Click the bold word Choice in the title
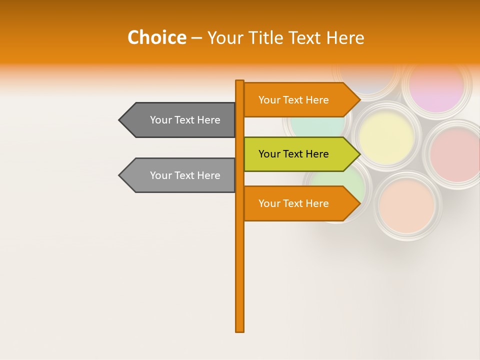(x=156, y=38)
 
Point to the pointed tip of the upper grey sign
(x=120, y=120)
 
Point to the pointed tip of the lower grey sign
(x=120, y=175)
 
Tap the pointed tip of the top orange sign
(x=359, y=100)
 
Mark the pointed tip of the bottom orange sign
(x=359, y=203)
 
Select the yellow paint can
(x=386, y=135)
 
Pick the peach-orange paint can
(x=406, y=205)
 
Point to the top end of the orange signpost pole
(x=240, y=82)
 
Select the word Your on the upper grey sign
(x=161, y=120)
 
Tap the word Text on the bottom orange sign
(x=293, y=203)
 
